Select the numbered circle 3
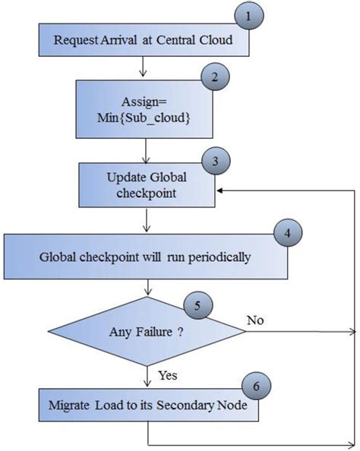click(218, 161)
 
